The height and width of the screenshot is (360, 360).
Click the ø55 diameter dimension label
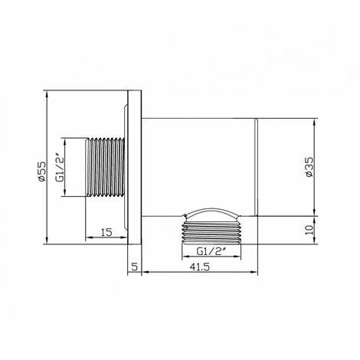(x=42, y=172)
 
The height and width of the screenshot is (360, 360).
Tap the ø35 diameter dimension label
(x=309, y=167)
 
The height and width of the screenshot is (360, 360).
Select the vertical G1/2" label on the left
(x=60, y=168)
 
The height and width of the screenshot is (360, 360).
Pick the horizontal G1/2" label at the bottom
(x=211, y=252)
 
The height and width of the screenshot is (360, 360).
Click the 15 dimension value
(x=106, y=232)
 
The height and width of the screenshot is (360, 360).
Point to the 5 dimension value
(x=135, y=267)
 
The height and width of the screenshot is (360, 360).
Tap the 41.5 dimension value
(x=199, y=267)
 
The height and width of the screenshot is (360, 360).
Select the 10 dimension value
(x=309, y=231)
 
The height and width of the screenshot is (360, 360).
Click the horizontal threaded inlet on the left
(x=106, y=167)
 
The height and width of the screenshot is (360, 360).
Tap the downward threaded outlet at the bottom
(x=211, y=231)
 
